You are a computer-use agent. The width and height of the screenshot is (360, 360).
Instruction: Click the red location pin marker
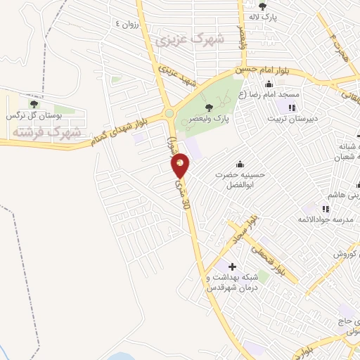tap(180, 166)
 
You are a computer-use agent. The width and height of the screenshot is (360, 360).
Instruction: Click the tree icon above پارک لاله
tap(262, 6)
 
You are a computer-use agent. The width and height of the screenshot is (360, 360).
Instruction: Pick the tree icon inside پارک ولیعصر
tap(208, 107)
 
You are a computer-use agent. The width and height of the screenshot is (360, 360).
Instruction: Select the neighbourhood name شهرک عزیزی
tap(191, 39)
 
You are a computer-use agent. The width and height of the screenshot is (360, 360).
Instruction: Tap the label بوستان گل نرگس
tap(34, 115)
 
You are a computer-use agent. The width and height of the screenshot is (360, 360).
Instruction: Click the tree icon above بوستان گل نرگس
tap(33, 104)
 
